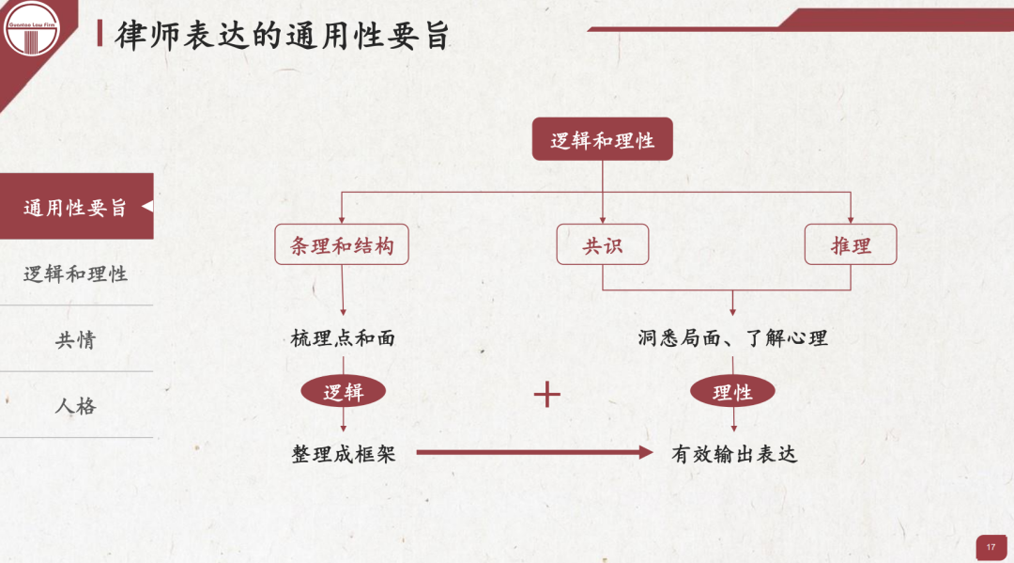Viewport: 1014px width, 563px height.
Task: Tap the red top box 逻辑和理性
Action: tap(602, 140)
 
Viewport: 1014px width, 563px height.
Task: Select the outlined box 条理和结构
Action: tap(342, 245)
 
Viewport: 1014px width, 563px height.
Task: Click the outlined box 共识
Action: tap(602, 245)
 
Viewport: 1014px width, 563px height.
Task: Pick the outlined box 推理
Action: tap(851, 245)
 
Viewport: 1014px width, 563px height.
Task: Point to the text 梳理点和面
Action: tap(343, 338)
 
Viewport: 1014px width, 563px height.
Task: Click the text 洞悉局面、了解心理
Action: tap(732, 338)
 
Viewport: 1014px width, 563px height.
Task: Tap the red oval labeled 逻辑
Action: tap(343, 393)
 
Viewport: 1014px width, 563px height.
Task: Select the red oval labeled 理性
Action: tap(732, 393)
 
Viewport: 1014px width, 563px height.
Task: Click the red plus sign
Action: tap(546, 394)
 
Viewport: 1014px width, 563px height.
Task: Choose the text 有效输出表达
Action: tap(733, 454)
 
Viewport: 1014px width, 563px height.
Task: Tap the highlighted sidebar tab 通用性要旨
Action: tap(75, 207)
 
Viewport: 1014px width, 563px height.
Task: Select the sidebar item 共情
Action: tap(75, 339)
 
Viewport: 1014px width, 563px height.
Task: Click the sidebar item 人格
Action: tap(75, 406)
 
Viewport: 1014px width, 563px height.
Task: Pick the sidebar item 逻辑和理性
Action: tap(75, 274)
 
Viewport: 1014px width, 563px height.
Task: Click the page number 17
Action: tap(991, 546)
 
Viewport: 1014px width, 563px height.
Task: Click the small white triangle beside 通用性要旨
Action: tap(146, 207)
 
